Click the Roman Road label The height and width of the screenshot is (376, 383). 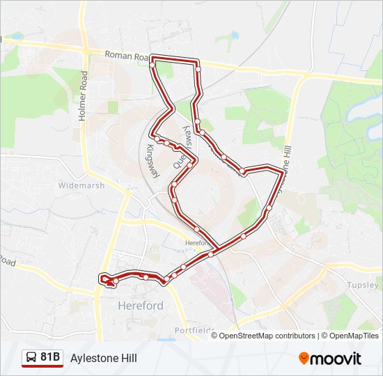(x=127, y=54)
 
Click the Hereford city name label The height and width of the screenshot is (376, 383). (x=140, y=306)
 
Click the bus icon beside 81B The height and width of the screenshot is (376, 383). (x=31, y=358)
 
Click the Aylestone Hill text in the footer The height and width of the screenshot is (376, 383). (x=103, y=359)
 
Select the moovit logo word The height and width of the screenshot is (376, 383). (x=336, y=359)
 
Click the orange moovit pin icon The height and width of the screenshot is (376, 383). (x=304, y=358)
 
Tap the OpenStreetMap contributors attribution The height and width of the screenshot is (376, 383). (x=267, y=336)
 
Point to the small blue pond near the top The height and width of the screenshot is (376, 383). (x=234, y=36)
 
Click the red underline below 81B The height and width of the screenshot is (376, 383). (x=42, y=366)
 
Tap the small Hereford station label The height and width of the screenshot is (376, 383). (x=196, y=243)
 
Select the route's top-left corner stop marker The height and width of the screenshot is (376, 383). (x=153, y=65)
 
